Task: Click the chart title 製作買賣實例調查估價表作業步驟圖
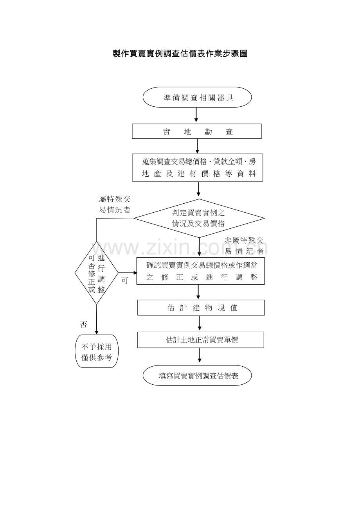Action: pyautogui.click(x=180, y=54)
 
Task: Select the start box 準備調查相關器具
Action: pyautogui.click(x=197, y=97)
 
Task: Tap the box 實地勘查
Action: pyautogui.click(x=197, y=131)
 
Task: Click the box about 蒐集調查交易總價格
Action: pyautogui.click(x=197, y=168)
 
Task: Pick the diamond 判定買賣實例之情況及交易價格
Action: pyautogui.click(x=199, y=219)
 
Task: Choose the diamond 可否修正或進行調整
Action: pyautogui.click(x=96, y=273)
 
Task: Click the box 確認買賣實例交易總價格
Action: pyautogui.click(x=201, y=271)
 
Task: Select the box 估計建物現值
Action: pyautogui.click(x=201, y=308)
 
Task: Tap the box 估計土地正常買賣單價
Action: pyautogui.click(x=201, y=340)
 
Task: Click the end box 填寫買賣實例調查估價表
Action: pyautogui.click(x=197, y=375)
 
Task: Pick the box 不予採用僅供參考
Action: pyautogui.click(x=97, y=351)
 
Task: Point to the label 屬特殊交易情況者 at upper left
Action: pyautogui.click(x=115, y=204)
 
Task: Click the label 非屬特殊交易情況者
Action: pyautogui.click(x=244, y=246)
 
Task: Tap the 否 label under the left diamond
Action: pyautogui.click(x=83, y=324)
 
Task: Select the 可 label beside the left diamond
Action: pyautogui.click(x=124, y=280)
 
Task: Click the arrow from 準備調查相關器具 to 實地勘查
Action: pyautogui.click(x=196, y=115)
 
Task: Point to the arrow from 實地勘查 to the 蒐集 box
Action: pyautogui.click(x=197, y=146)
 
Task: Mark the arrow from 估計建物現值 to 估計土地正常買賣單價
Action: pyautogui.click(x=200, y=323)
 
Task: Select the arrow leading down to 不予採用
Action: pyautogui.click(x=96, y=319)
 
